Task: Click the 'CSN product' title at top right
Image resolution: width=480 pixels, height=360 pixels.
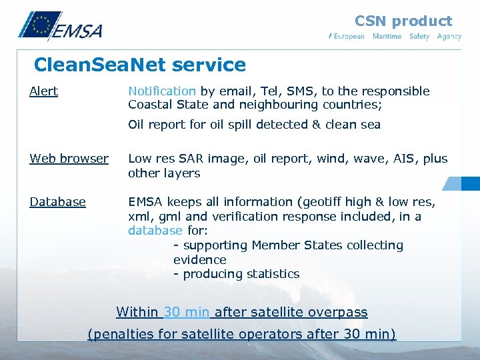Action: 403,21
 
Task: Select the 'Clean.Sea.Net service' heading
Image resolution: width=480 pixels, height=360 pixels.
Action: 139,65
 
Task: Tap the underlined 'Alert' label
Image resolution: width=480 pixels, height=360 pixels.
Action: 43,91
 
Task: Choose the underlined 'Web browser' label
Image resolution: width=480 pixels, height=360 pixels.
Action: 69,159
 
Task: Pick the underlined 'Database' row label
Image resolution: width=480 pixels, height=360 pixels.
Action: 57,202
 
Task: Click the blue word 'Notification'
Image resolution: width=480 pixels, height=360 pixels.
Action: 162,91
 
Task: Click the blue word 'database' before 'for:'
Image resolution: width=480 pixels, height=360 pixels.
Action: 155,231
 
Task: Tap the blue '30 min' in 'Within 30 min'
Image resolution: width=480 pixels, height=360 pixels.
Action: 187,312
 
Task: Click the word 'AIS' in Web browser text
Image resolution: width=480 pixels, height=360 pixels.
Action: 407,159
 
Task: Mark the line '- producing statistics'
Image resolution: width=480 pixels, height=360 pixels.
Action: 236,274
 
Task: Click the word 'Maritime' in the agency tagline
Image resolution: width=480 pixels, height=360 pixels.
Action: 387,37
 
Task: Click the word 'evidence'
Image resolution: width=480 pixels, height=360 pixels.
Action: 199,260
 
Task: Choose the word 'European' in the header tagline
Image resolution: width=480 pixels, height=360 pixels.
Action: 349,37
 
